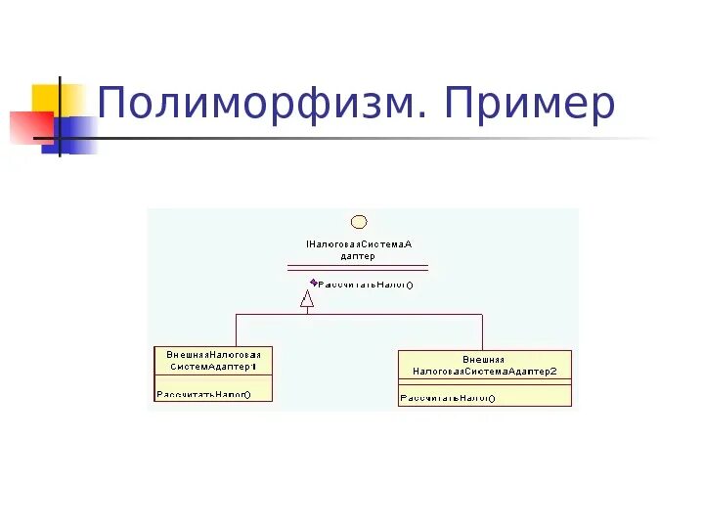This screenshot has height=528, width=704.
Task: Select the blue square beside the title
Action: pos(80,134)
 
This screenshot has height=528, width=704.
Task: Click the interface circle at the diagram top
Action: pos(358,222)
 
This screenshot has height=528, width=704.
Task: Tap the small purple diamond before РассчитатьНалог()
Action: pos(313,283)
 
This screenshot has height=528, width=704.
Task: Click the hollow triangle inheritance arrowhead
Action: pos(307,299)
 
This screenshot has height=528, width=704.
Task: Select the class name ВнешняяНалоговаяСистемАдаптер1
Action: pos(212,359)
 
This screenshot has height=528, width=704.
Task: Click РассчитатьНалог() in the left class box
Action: pos(203,394)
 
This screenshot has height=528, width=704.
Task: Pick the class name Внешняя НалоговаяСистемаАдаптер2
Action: pos(484,365)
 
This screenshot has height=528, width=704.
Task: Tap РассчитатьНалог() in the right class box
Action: pos(448,398)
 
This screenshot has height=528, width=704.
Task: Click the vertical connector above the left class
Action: pos(236,330)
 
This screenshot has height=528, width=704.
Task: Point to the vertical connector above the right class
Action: pos(482,331)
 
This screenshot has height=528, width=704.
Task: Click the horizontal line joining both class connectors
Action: pos(391,314)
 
